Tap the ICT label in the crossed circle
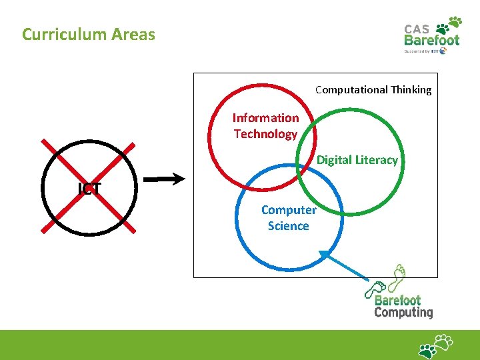click(x=89, y=189)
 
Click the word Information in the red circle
click(x=265, y=118)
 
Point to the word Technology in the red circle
click(x=265, y=134)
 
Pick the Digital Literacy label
click(x=357, y=160)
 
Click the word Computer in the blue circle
click(x=289, y=210)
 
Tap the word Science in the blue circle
click(x=289, y=226)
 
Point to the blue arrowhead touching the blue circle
click(x=325, y=255)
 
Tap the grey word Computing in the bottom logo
click(x=403, y=312)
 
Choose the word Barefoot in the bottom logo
click(x=397, y=300)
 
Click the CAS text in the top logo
click(x=417, y=29)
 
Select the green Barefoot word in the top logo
click(x=432, y=40)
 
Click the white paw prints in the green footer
click(x=435, y=346)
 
